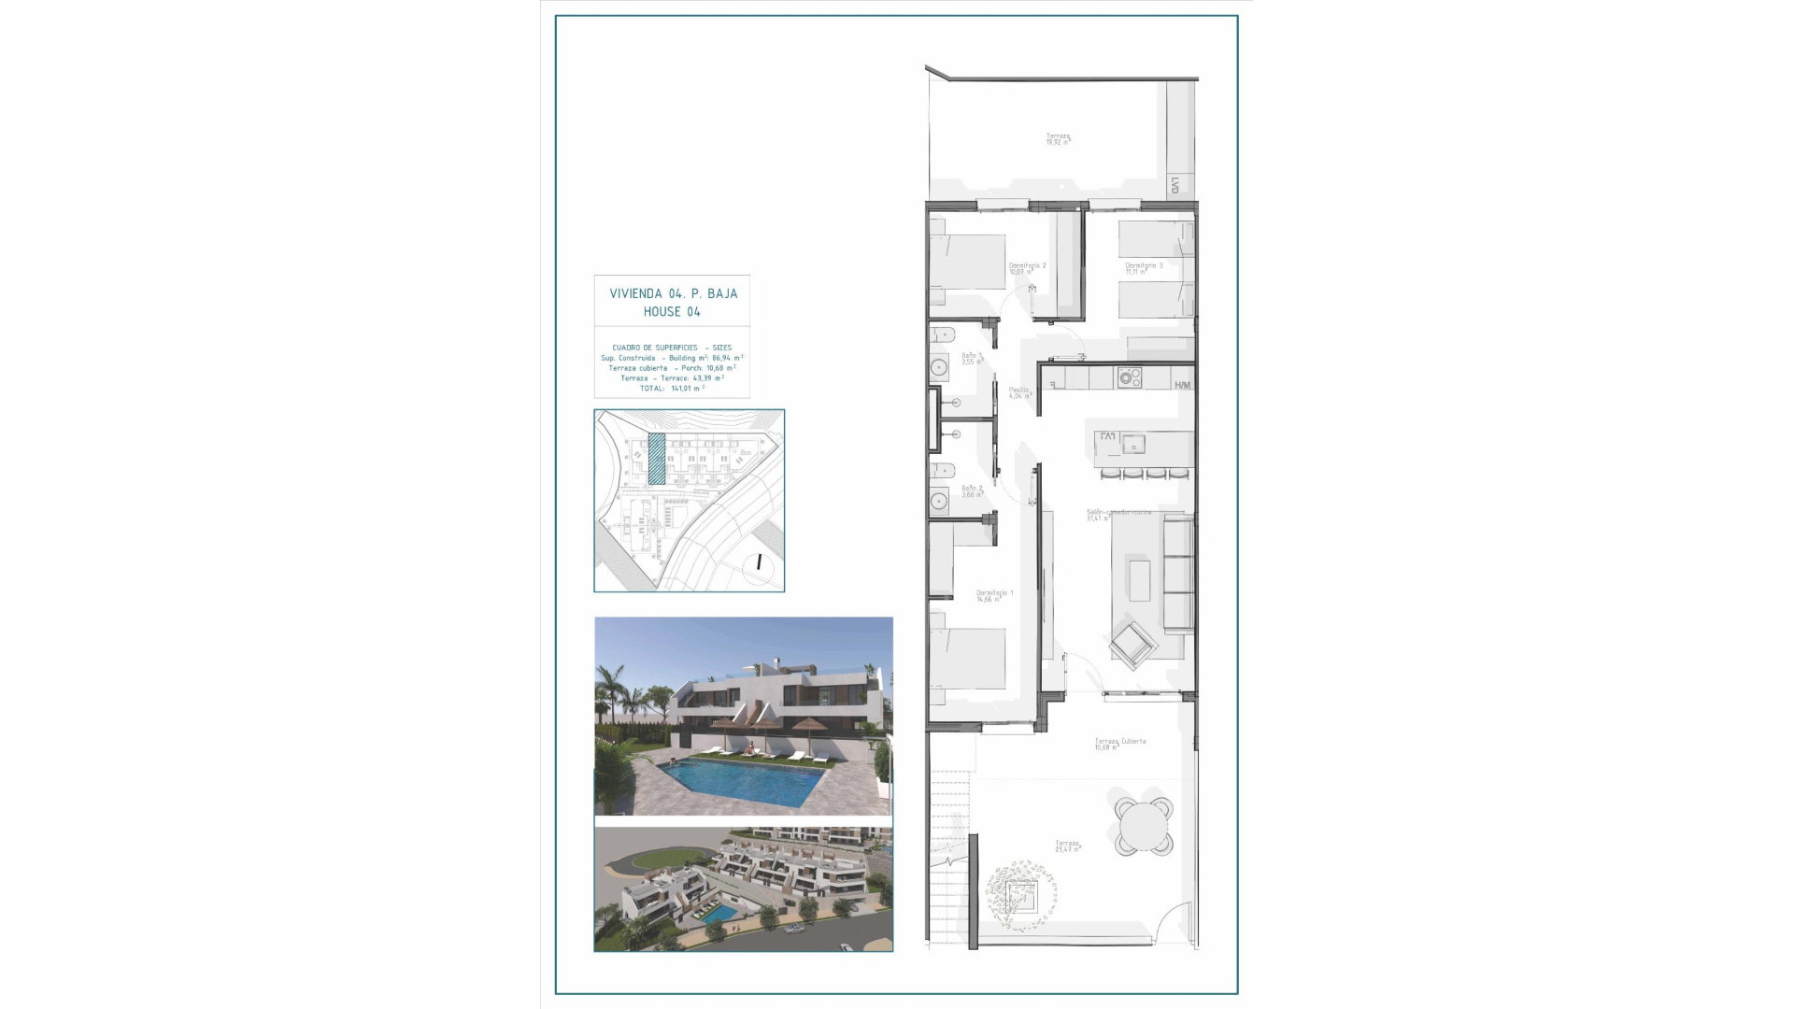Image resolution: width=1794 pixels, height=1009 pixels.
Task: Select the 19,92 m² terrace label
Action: (1058, 138)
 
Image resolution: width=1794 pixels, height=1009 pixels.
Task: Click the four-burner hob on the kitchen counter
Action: (1131, 377)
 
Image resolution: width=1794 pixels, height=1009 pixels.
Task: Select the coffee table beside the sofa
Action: (1139, 579)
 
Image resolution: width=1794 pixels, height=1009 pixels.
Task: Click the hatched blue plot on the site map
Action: (657, 458)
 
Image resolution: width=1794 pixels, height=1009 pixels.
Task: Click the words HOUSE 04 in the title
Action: (672, 312)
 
